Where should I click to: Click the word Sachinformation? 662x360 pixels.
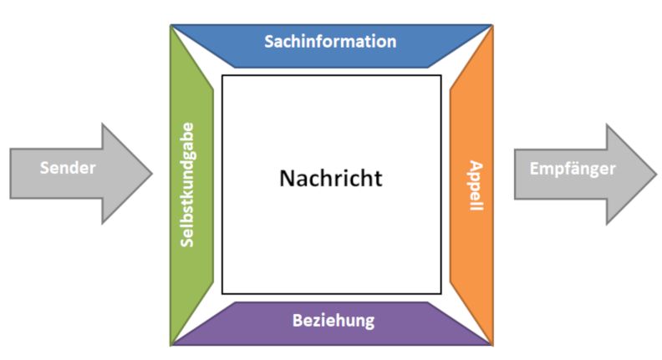pos(330,42)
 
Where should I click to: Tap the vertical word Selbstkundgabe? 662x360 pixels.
pos(186,185)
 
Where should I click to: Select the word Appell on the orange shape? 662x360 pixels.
pos(476,185)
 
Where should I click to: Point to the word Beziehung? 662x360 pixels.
pos(334,321)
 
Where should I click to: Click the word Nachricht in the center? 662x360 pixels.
pos(331,178)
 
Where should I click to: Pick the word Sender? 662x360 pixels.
pos(68,168)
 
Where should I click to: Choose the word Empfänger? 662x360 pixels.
pos(573,169)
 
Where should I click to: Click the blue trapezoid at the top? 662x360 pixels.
pos(332,46)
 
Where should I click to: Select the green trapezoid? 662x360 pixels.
pos(191,185)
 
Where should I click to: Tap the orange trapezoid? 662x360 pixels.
pos(471,185)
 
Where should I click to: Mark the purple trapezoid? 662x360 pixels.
pos(332,324)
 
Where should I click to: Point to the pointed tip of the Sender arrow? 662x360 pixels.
pos(152,173)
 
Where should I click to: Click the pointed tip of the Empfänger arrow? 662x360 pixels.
pos(656,174)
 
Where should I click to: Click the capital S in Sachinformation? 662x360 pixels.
pos(269,42)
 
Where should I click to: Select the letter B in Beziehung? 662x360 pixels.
pos(298,321)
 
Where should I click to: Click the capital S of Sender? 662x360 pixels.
pos(45,168)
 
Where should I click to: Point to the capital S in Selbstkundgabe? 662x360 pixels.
pos(186,242)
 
